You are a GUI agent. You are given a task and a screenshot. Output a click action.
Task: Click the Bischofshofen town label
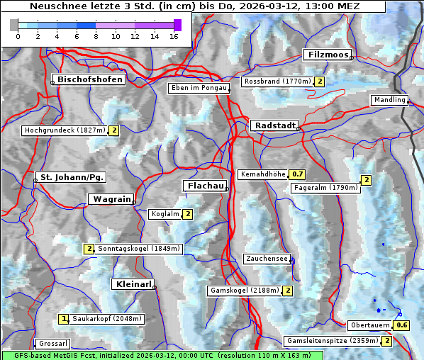pos(90,79)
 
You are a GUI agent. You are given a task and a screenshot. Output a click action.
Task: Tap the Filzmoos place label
pos(327,55)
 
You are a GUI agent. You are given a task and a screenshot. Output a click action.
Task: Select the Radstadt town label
pos(274,125)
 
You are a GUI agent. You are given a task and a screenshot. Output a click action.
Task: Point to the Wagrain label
pos(111,199)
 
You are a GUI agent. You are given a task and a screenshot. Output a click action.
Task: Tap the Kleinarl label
pos(133,284)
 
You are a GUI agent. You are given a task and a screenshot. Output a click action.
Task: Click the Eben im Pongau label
pos(198,88)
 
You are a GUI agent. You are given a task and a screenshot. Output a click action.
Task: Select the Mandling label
pos(389,100)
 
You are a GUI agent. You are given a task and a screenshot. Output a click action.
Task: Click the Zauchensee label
pos(267,259)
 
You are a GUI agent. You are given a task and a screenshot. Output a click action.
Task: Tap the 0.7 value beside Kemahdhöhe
pos(297,174)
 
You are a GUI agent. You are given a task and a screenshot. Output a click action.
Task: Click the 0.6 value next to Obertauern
pos(402,325)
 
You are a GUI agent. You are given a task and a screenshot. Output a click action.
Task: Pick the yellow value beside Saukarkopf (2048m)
pos(64,319)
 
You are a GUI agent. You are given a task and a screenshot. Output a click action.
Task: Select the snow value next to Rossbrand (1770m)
pos(320,81)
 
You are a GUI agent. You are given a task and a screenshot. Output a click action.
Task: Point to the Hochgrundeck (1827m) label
pos(65,130)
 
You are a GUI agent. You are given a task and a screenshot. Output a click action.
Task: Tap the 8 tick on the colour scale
pos(95,35)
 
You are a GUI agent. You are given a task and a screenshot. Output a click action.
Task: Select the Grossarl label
pos(52,343)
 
